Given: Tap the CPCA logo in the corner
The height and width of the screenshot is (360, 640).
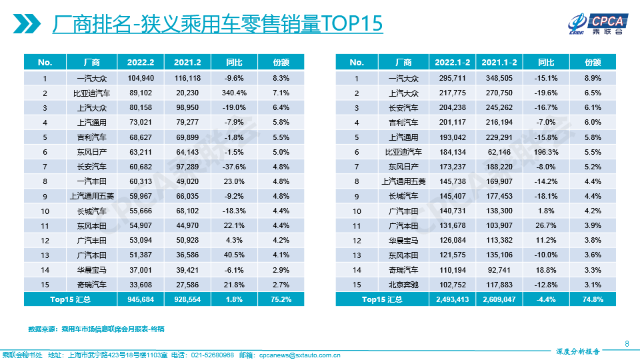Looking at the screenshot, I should point(595,23).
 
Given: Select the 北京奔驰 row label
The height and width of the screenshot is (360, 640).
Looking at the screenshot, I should point(403,285).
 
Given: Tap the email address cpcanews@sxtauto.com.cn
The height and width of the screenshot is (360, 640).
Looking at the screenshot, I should point(299,355).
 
